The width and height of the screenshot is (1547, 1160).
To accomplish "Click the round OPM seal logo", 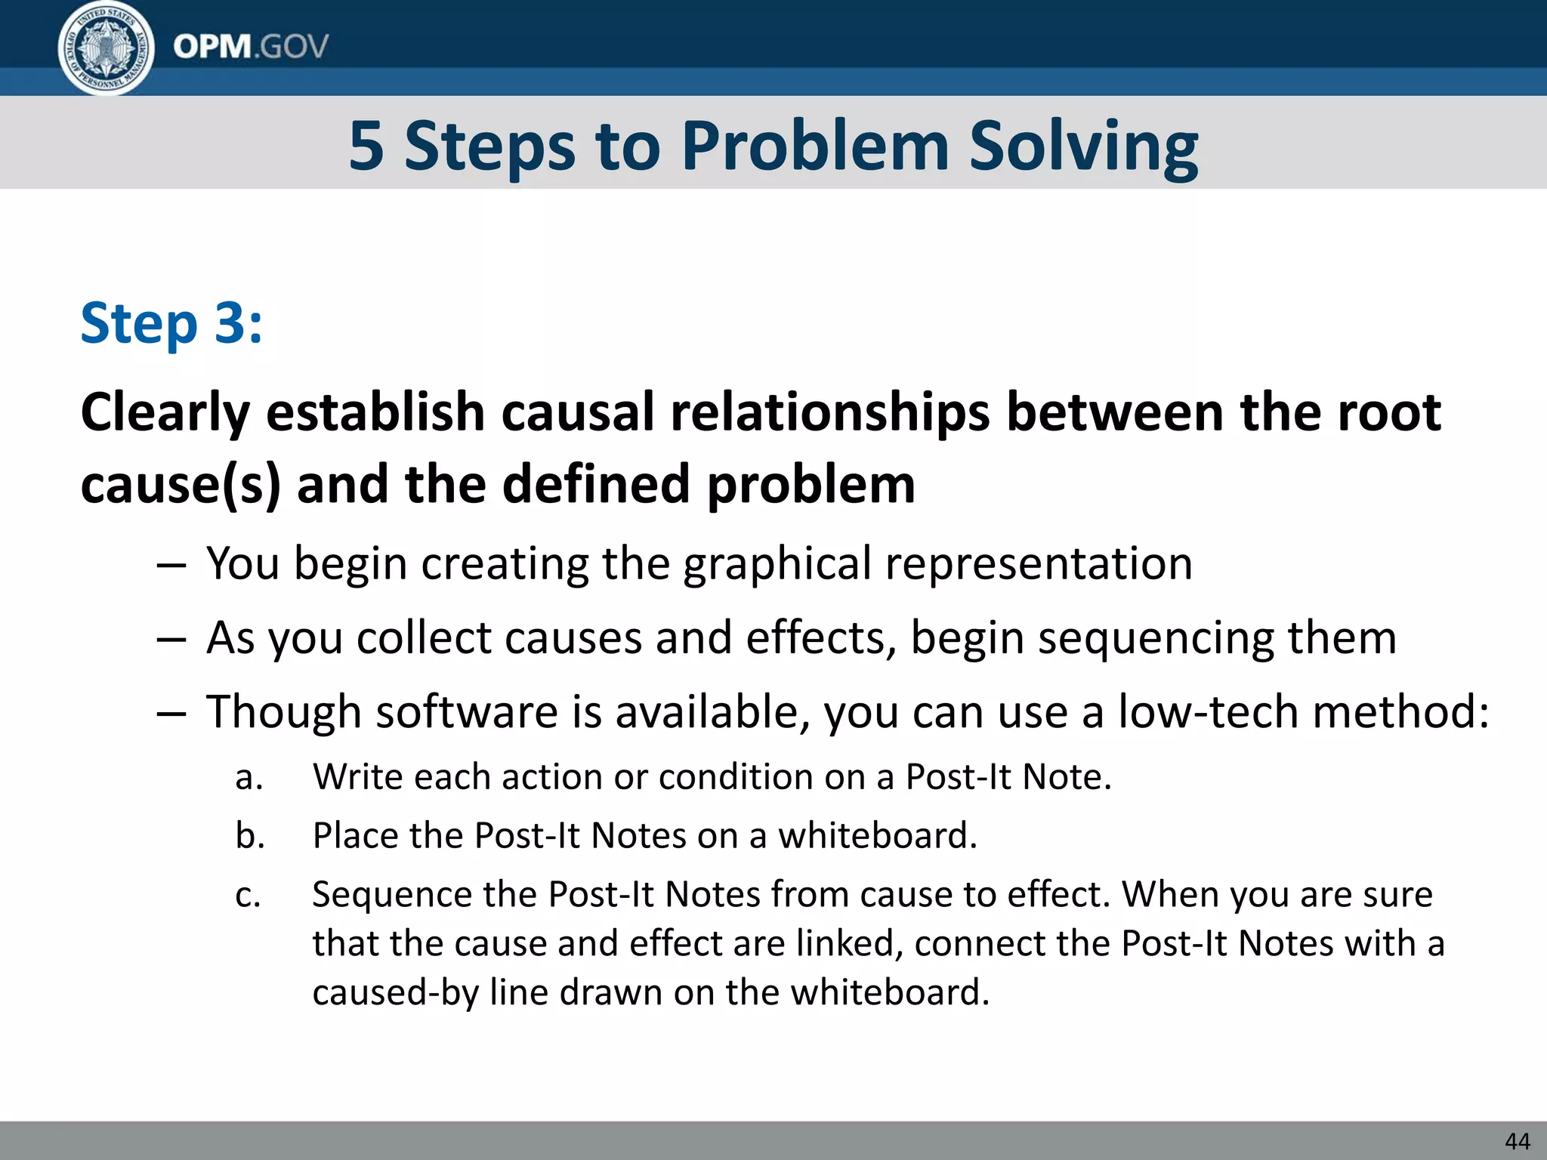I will click(106, 48).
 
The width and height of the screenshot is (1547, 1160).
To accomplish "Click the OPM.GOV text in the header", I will click(250, 47).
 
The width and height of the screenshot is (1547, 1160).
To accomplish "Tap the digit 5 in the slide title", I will click(366, 146).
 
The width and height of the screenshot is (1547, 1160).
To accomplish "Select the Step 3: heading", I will click(171, 323).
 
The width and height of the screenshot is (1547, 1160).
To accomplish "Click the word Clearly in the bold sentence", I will click(165, 414).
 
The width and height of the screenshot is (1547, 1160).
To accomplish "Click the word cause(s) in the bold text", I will click(180, 484).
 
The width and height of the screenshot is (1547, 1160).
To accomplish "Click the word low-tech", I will click(1208, 711).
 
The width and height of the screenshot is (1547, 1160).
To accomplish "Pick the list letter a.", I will click(249, 778).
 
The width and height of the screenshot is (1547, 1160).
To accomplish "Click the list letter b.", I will click(249, 836).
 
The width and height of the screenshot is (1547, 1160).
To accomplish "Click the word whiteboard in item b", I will click(876, 836).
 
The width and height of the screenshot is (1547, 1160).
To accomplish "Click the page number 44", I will click(1518, 1141).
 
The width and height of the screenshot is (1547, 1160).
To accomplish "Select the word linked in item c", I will click(848, 944).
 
